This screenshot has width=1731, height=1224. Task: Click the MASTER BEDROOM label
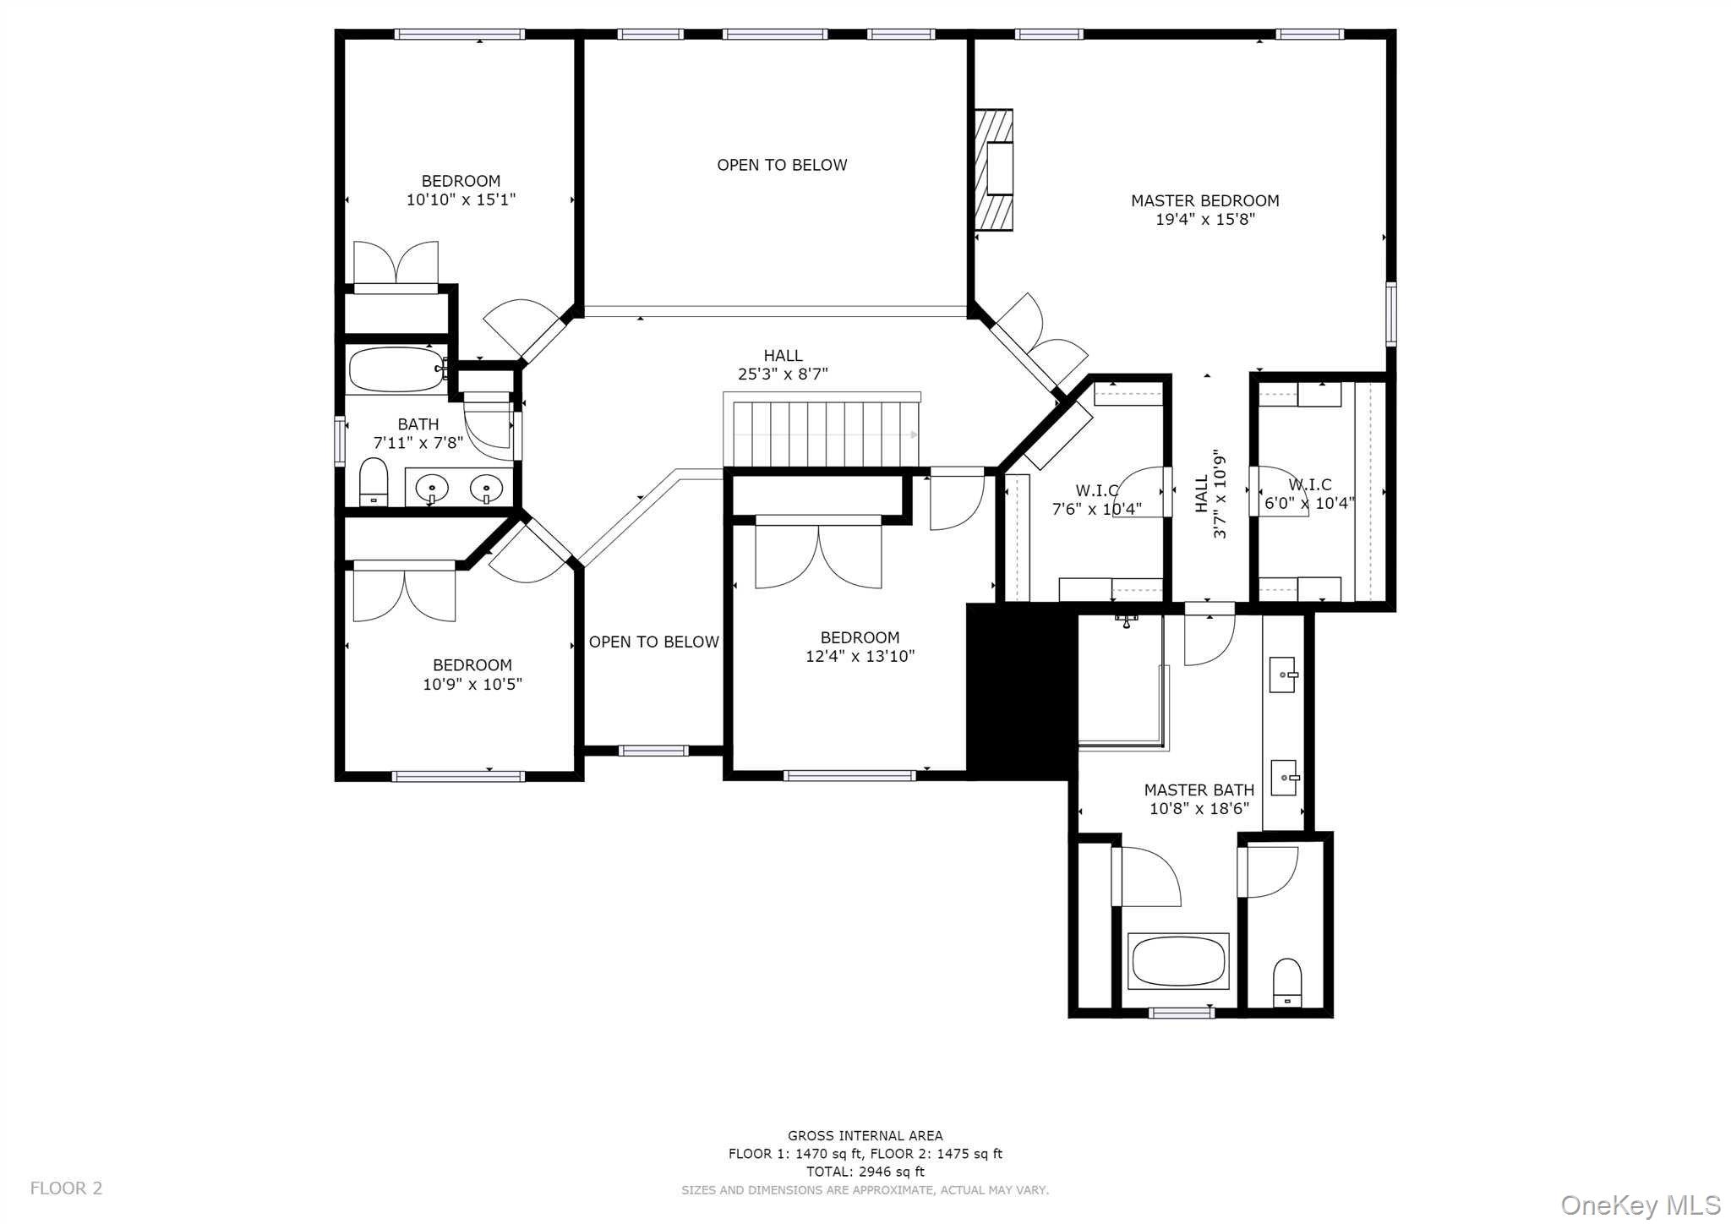click(x=1204, y=201)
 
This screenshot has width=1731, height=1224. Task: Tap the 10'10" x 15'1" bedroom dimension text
click(x=461, y=200)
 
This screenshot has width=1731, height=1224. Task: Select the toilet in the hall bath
click(x=373, y=482)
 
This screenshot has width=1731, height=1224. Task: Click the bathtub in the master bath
click(x=1178, y=961)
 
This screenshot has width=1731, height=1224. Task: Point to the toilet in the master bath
click(x=1286, y=982)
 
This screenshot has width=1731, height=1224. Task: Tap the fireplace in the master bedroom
click(x=996, y=170)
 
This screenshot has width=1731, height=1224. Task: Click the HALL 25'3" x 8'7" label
click(x=783, y=365)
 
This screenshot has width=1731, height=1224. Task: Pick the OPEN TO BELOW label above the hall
click(x=782, y=166)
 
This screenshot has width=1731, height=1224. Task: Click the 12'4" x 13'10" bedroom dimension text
click(x=860, y=657)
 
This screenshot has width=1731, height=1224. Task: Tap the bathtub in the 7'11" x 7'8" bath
click(x=396, y=369)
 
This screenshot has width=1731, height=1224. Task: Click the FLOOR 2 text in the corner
click(x=66, y=1188)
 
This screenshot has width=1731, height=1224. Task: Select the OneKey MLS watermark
click(x=1640, y=1205)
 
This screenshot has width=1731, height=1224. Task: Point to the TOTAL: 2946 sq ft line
click(x=865, y=1172)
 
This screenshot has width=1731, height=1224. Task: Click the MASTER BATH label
click(x=1199, y=790)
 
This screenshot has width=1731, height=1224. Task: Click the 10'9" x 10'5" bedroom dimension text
click(x=472, y=685)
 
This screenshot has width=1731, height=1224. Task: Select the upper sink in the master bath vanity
click(x=1283, y=675)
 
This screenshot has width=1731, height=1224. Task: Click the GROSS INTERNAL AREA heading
click(x=865, y=1136)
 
